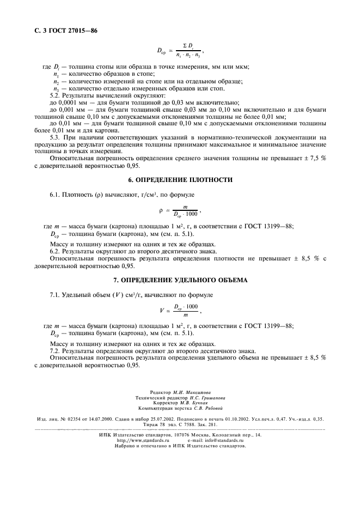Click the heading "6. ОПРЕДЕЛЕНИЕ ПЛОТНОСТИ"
(x=180, y=179)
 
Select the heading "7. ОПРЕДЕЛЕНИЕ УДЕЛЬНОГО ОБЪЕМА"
(x=180, y=280)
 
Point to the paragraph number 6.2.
(x=56, y=252)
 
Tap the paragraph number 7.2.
(x=56, y=351)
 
